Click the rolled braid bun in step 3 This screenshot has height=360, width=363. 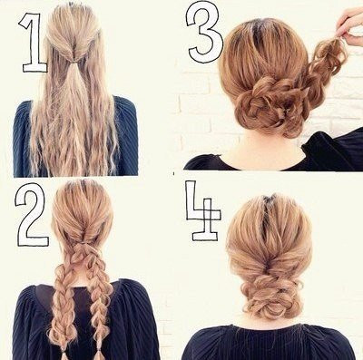265,106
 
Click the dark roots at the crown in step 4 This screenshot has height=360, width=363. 270,200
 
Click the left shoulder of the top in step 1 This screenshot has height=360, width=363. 25,112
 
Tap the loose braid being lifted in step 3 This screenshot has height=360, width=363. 325,65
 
